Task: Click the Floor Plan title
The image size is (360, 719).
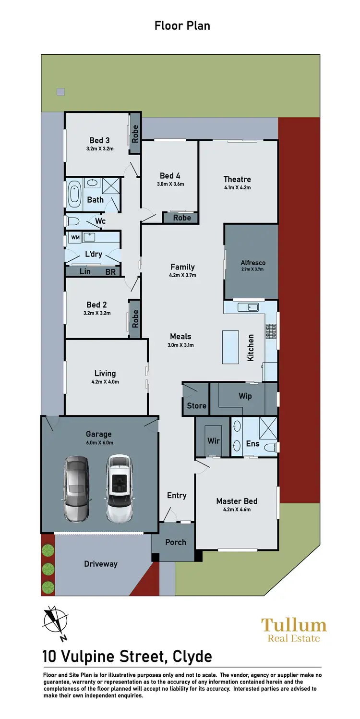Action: pos(182,25)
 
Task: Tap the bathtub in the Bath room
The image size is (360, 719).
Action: pos(74,194)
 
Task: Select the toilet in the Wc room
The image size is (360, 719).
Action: pos(72,221)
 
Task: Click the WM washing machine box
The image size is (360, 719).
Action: pos(75,237)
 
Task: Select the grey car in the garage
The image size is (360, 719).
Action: pos(76,489)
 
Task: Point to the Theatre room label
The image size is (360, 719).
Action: pos(237,179)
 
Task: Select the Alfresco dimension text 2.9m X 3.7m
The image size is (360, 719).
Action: pos(252,269)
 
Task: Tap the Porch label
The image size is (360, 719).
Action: pos(176,542)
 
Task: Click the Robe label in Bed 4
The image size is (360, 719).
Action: pos(182,218)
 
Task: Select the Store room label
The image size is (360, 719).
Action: pos(196,406)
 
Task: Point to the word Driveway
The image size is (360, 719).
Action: pos(101,564)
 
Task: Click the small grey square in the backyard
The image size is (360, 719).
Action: pos(60,92)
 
